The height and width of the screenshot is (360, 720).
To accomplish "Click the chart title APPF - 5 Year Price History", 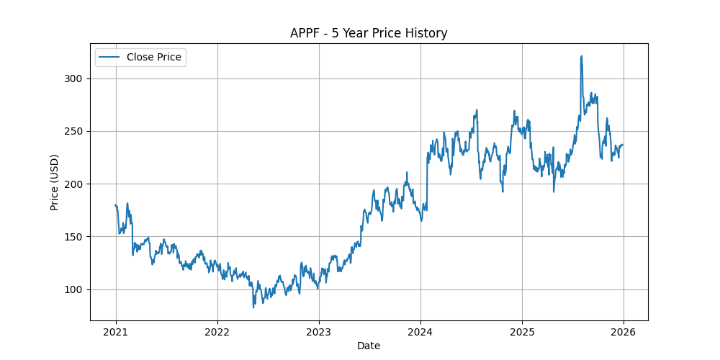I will pos(369,33).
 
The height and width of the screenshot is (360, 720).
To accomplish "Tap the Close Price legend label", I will pos(154,57).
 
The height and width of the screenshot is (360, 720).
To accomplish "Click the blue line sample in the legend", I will pos(110,57).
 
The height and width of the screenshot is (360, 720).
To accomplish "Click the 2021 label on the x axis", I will pos(116,332).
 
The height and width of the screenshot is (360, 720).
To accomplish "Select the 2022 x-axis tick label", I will pos(217,332).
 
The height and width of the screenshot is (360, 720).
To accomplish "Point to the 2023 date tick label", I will pos(319,332).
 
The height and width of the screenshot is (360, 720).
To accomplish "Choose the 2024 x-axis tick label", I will pos(420,332).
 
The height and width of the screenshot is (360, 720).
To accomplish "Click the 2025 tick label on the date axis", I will pos(521,332).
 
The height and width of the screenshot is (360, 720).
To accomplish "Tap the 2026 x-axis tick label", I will pos(623,332).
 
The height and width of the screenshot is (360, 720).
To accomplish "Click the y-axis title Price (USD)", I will pos(55,181).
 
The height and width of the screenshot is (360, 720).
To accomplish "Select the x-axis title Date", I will pos(369,346).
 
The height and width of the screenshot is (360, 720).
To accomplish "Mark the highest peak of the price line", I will pos(581,56).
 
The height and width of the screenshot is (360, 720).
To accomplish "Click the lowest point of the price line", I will pos(253,307).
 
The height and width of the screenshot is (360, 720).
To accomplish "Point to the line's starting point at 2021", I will pos(116,205).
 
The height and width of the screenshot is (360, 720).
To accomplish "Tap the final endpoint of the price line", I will pos(623,145).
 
